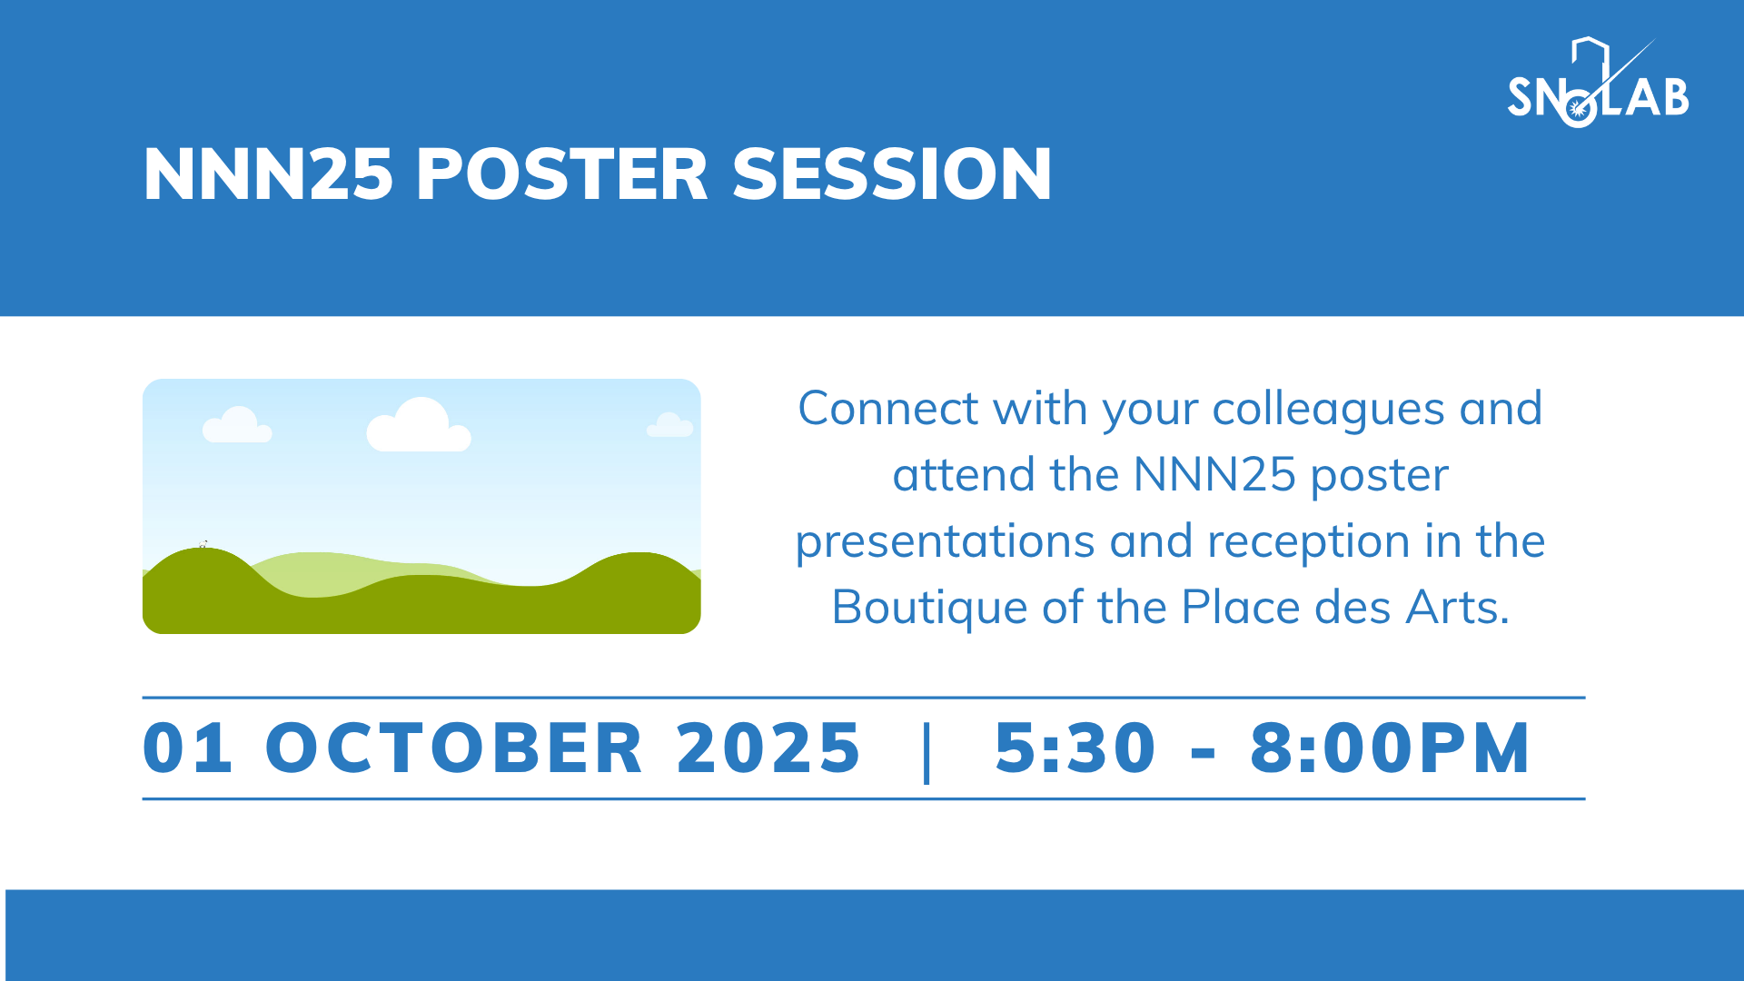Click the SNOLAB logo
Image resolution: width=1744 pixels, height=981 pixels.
1598,83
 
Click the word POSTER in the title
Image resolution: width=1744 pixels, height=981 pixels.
561,173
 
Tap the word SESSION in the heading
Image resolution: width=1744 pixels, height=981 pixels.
892,173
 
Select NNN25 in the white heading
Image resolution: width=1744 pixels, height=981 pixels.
268,173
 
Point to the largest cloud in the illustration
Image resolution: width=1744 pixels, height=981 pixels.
419,425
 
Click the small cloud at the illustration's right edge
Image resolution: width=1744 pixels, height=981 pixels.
670,425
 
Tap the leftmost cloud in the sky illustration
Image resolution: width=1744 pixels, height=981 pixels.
237,425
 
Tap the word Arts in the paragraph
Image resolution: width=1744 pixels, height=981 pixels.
1457,607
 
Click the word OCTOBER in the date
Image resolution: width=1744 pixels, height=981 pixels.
454,748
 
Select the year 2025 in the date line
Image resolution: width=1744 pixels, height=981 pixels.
768,748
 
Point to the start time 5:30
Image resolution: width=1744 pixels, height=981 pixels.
1075,748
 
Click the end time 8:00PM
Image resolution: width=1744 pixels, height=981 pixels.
1391,748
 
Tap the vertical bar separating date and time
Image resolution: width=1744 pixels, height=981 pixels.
926,751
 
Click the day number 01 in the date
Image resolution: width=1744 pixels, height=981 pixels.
188,748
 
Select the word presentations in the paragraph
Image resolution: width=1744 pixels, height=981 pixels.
945,542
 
